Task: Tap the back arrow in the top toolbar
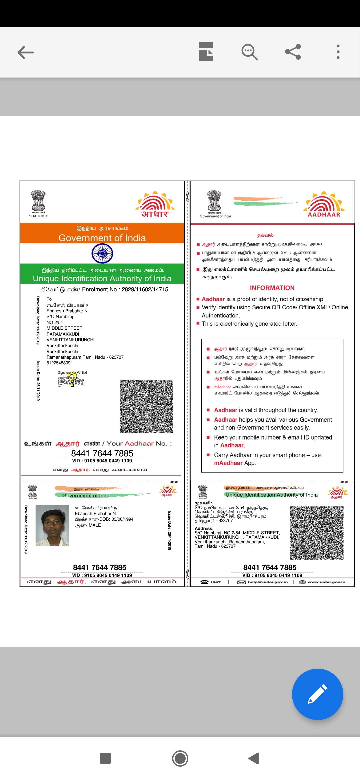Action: pos(26,52)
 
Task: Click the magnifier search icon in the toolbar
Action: pos(249,52)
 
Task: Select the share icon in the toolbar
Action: pos(293,52)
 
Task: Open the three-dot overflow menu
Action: pos(338,52)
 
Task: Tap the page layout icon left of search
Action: pos(206,52)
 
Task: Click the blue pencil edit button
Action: pos(317,694)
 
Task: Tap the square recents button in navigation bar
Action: pos(105,758)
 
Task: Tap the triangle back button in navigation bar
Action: pos(254,758)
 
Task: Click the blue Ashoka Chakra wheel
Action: pos(102,253)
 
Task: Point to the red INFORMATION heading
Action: pos(272,288)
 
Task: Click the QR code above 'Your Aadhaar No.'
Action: pos(147,406)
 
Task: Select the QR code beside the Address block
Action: pos(317,533)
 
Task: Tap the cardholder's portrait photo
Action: pos(52,525)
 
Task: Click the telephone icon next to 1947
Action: pos(204,582)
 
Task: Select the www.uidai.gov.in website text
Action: pos(326,582)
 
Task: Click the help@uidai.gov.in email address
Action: pos(268,582)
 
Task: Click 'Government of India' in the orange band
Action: pos(102,238)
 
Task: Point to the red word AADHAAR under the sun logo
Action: pos(324,215)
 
